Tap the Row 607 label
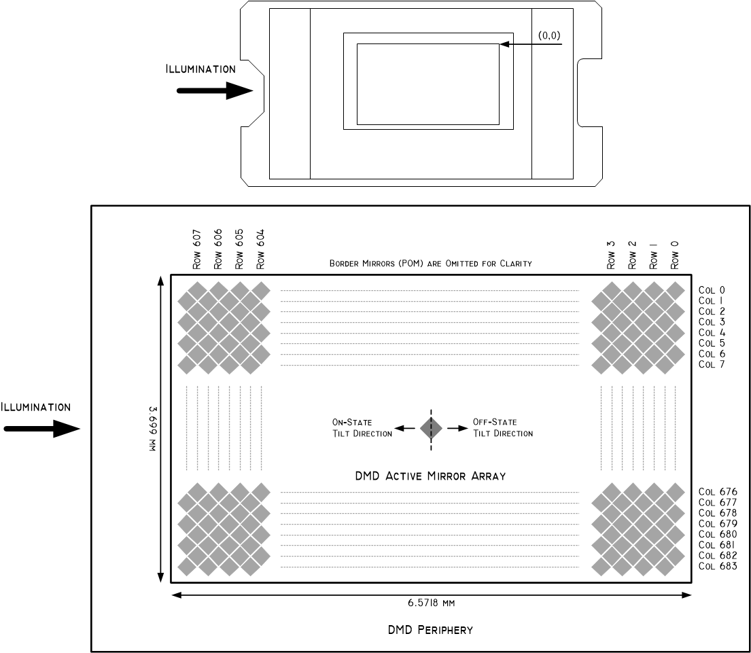coord(197,249)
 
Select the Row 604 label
coord(260,249)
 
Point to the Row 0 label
coord(674,255)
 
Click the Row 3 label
coord(611,255)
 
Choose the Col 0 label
coord(712,290)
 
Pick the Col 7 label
coord(712,364)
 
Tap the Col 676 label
coord(718,492)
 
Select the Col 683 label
coord(718,566)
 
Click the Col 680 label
coord(718,534)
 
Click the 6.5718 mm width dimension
coord(431,603)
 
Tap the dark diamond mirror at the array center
coord(431,428)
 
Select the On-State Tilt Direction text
coord(362,428)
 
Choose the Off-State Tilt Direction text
coord(503,428)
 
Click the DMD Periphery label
coord(431,630)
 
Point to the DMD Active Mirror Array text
coord(431,476)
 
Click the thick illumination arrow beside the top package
coord(215,90)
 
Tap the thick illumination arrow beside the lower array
coord(42,429)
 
